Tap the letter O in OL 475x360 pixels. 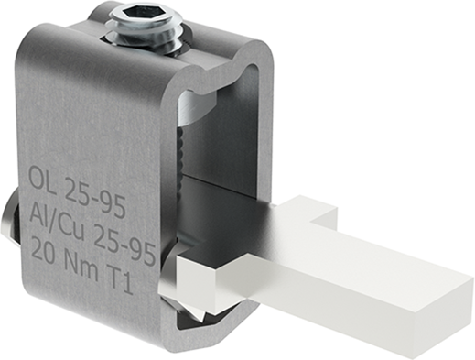click(36, 175)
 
